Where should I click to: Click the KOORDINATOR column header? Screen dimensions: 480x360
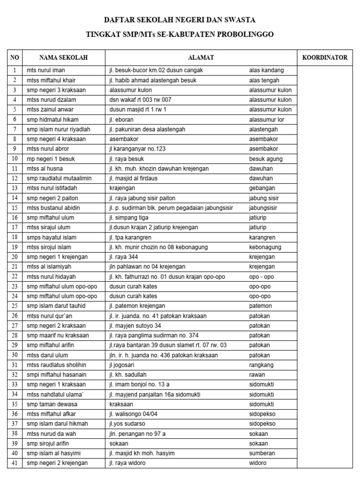[x=325, y=58]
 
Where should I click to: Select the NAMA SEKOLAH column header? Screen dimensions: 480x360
[x=63, y=58]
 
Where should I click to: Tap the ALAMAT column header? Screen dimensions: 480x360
[x=201, y=58]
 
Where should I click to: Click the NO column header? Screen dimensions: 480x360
[x=15, y=58]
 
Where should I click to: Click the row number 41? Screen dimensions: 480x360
[x=15, y=463]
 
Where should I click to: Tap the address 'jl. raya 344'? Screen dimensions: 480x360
[x=123, y=257]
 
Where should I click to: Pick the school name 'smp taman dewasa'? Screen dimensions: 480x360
[x=52, y=404]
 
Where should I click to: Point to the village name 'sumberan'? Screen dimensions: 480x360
[x=262, y=453]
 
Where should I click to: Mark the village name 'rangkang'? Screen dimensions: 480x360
[x=262, y=365]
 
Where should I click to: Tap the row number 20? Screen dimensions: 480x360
[x=15, y=257]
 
